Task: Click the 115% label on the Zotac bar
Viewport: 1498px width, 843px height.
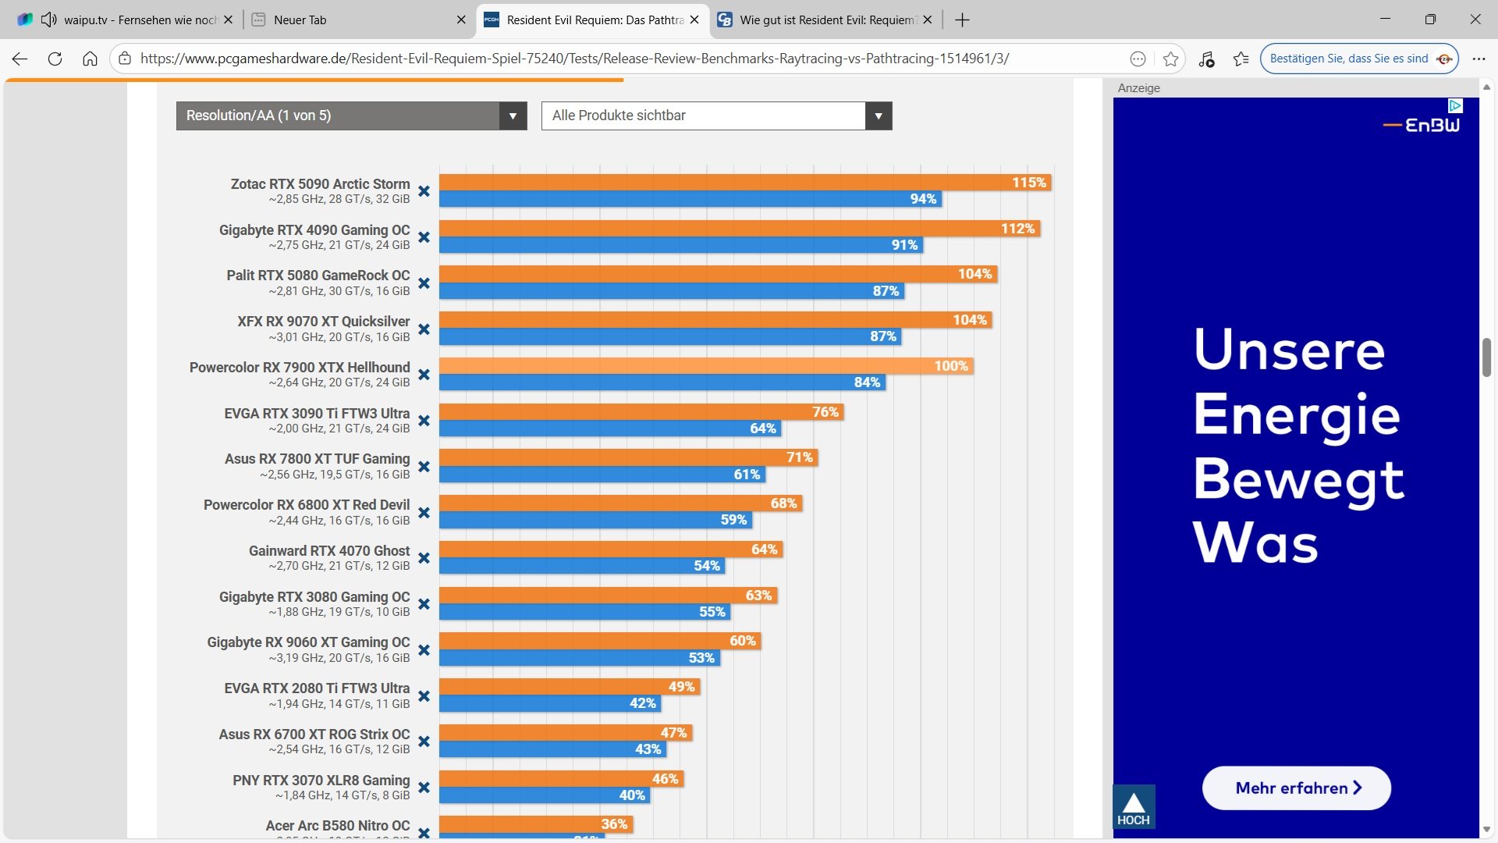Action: coord(1028,183)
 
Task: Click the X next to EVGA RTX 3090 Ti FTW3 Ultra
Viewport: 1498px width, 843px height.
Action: coord(424,421)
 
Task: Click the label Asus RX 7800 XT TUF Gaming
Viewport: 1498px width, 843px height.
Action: coord(317,459)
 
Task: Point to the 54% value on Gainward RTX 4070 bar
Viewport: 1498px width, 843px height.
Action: coord(707,566)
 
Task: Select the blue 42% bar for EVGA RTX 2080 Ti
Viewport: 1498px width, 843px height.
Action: coord(538,703)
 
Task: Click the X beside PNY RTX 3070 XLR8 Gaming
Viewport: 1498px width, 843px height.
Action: coord(424,788)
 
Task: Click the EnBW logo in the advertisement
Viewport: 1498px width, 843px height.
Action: coord(1421,125)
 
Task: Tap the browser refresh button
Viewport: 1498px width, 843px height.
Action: coord(55,59)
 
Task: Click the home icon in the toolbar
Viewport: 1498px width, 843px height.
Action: coord(90,59)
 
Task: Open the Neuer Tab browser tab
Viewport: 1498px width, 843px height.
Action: coord(351,20)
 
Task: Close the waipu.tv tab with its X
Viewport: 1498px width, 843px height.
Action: coord(228,20)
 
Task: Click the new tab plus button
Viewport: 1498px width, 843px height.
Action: coord(962,20)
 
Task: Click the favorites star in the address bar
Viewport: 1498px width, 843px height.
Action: coord(1170,59)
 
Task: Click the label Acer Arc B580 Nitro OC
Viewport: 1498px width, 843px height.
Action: coord(337,826)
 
